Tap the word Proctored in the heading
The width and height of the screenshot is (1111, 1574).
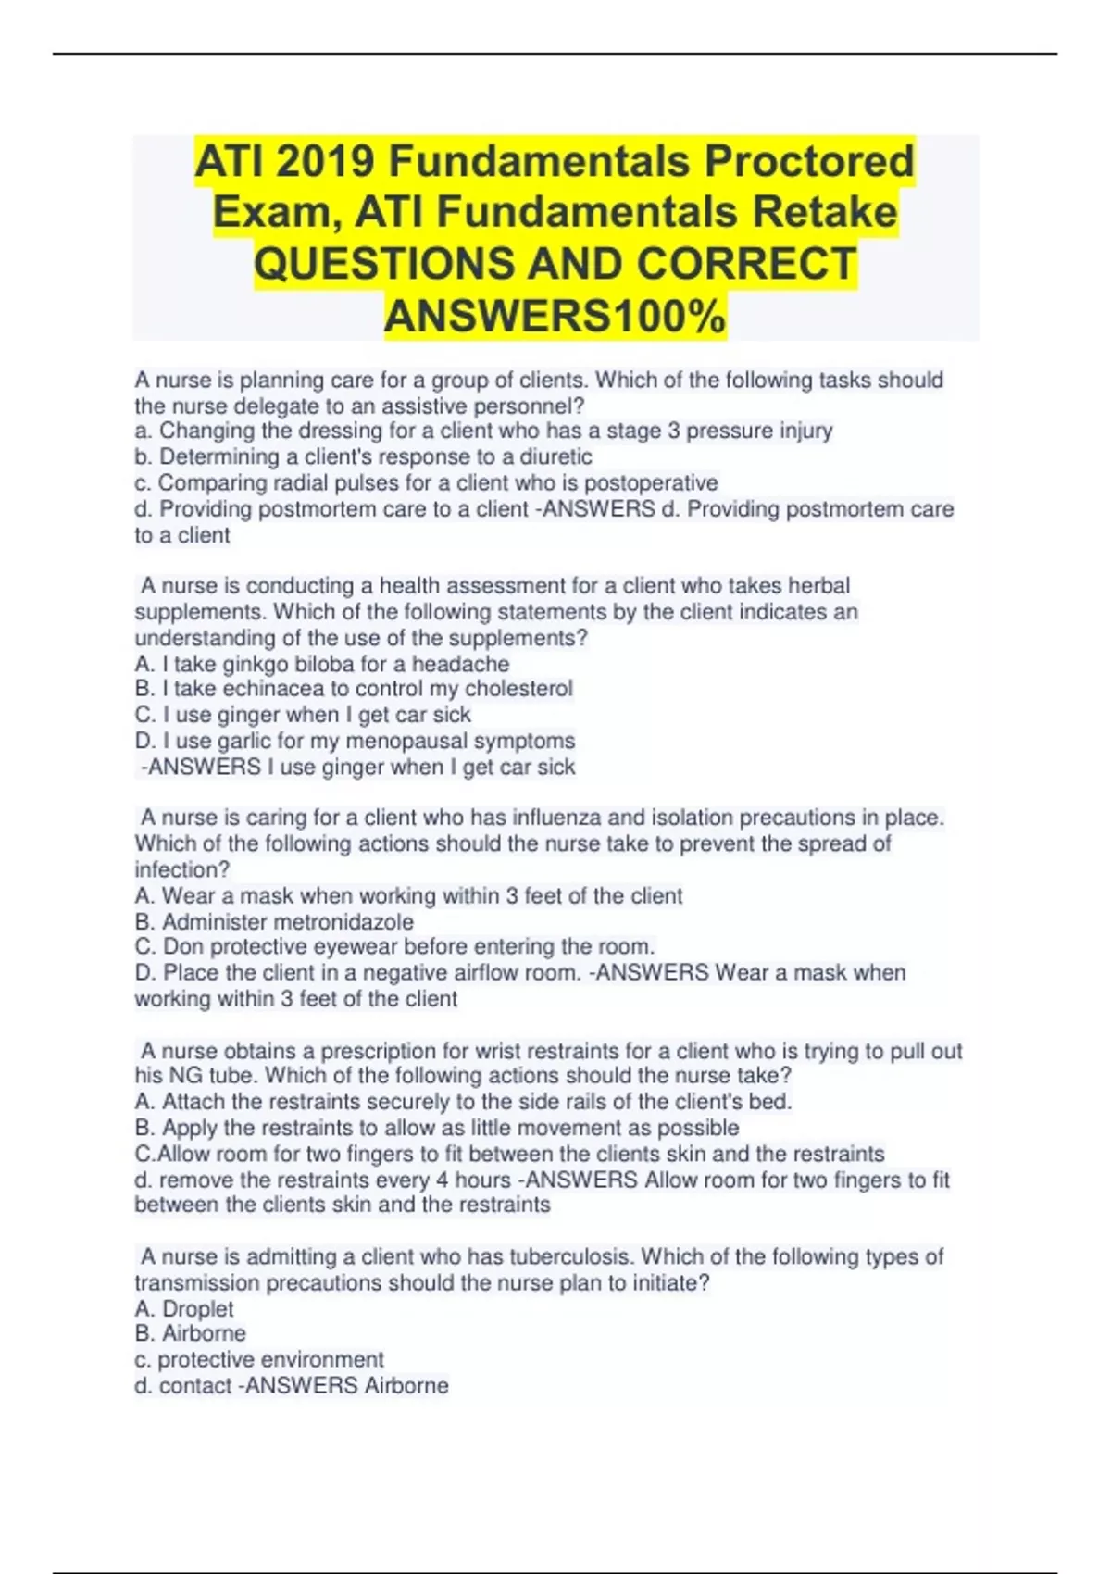click(808, 162)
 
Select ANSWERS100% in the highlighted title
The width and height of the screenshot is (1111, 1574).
click(555, 317)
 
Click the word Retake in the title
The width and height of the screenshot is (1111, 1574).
click(824, 212)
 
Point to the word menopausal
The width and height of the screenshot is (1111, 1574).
click(407, 741)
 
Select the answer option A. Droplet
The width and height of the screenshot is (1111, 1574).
click(184, 1309)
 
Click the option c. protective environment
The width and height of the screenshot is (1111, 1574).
click(259, 1359)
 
